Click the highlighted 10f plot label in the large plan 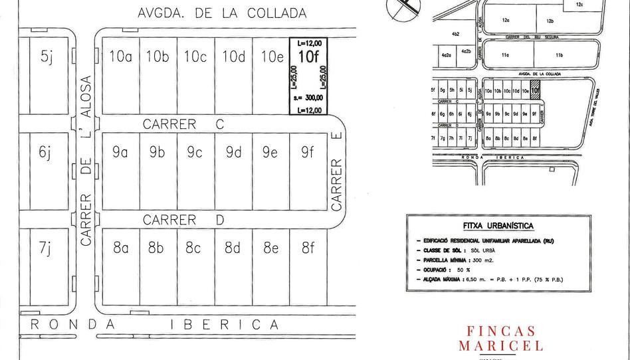pos(308,57)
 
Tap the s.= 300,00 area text pos(308,98)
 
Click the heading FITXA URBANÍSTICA pos(498,226)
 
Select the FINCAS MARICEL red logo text pos(500,338)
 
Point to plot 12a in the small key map pos(506,21)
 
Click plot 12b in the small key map pos(550,21)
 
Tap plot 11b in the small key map pos(559,55)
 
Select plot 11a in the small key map pos(506,55)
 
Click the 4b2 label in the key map pos(456,34)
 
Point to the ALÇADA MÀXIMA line pos(492,280)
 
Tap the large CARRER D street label pos(183,220)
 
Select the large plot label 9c pos(195,152)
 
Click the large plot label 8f pos(308,248)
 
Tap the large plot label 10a pos(120,56)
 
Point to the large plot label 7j pos(45,248)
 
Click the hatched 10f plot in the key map pos(535,90)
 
